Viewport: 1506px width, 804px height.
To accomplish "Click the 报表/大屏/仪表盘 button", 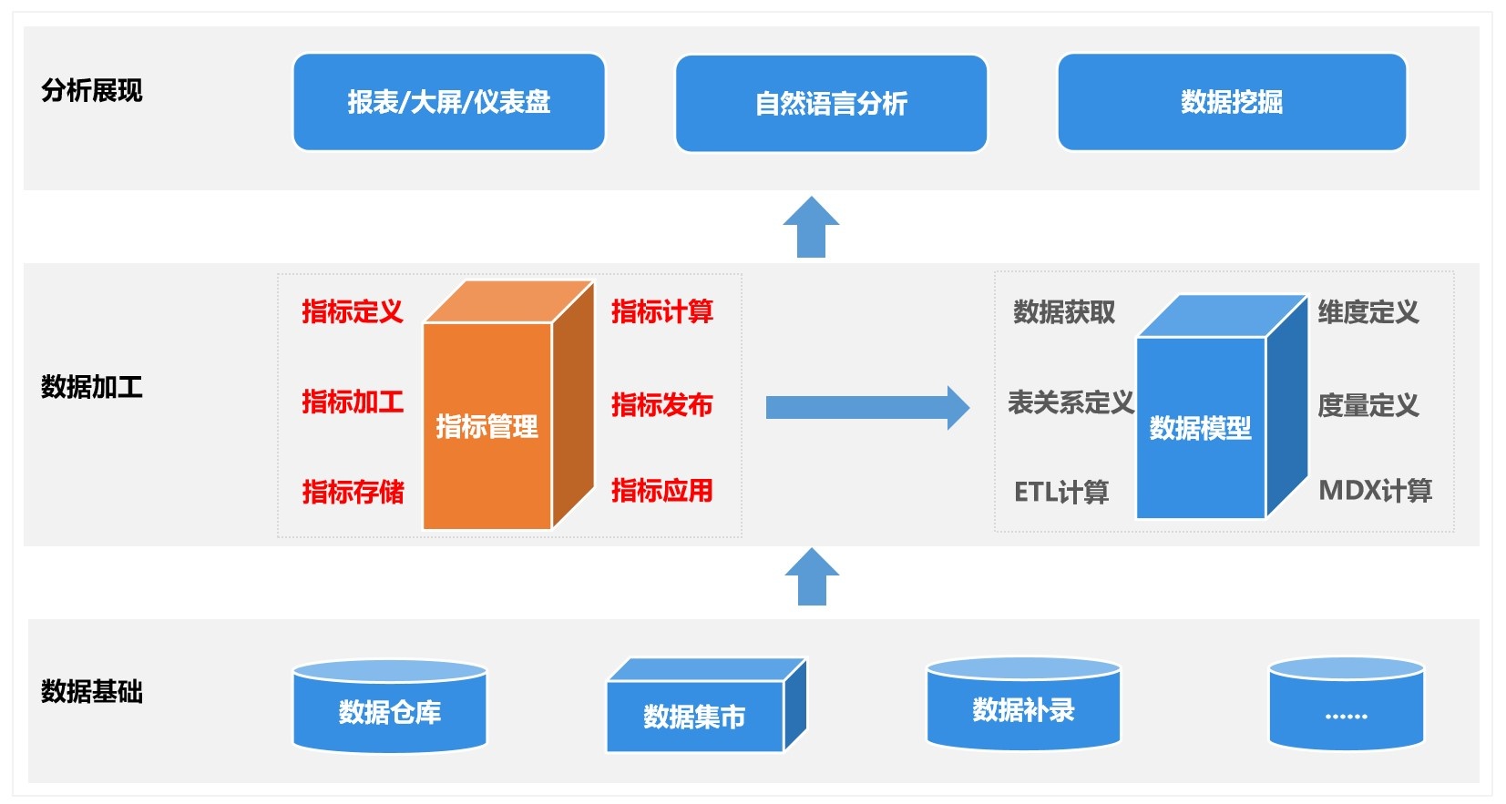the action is click(449, 102).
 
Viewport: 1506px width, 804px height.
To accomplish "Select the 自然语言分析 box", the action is click(831, 104).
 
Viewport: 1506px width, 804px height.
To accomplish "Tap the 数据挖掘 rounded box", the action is click(1232, 102).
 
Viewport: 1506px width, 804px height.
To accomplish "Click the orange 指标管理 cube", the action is click(507, 405).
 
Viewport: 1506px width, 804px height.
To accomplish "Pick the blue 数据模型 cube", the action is click(1222, 407).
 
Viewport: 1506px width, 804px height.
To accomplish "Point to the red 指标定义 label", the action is click(353, 311).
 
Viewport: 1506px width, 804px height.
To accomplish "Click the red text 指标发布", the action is click(662, 405).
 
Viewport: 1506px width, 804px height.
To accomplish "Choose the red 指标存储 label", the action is click(353, 492).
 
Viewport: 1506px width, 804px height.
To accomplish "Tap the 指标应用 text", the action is click(662, 491).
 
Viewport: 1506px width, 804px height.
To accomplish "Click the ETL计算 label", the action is click(1060, 493).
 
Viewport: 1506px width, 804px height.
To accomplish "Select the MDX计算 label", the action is click(1376, 491).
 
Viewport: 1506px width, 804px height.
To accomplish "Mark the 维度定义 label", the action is click(1368, 312).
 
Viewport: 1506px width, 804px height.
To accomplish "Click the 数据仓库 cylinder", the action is click(390, 706).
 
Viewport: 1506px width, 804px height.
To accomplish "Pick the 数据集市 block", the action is click(706, 706).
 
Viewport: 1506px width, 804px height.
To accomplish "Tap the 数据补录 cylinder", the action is click(1023, 703).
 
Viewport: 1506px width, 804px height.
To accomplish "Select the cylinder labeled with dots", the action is click(1346, 703).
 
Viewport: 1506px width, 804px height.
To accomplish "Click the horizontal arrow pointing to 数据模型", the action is click(867, 407).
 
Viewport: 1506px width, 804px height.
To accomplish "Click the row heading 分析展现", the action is click(91, 91).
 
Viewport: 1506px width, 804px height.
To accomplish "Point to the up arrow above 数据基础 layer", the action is click(812, 576).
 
